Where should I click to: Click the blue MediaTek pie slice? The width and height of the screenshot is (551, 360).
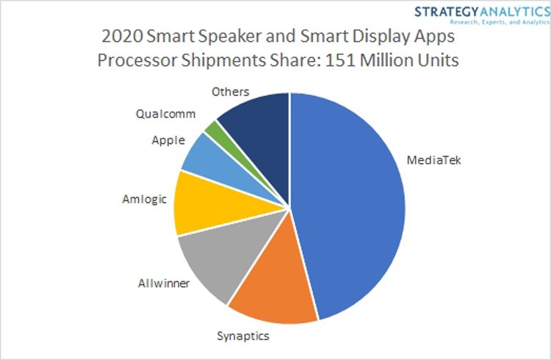click(x=353, y=206)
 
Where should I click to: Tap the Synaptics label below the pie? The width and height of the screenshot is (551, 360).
click(x=243, y=337)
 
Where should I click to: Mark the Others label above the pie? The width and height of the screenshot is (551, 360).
click(x=231, y=93)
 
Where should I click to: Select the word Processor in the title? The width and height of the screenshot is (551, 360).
click(x=140, y=60)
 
